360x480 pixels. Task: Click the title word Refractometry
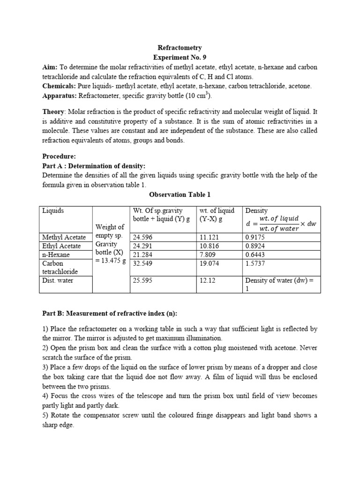pos(180,48)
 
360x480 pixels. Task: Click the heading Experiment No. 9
pos(180,58)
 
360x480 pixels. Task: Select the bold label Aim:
pos(50,67)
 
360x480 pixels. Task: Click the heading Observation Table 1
pos(180,194)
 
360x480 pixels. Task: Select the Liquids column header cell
pos(53,211)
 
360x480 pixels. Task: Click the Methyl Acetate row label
pos(64,237)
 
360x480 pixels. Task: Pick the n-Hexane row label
pos(56,255)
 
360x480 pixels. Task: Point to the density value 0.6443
pos(255,255)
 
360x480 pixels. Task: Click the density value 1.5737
pos(255,263)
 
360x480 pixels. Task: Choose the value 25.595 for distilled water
pos(143,281)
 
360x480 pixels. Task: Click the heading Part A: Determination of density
pos(94,166)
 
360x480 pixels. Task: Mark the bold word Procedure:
pos(59,156)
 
